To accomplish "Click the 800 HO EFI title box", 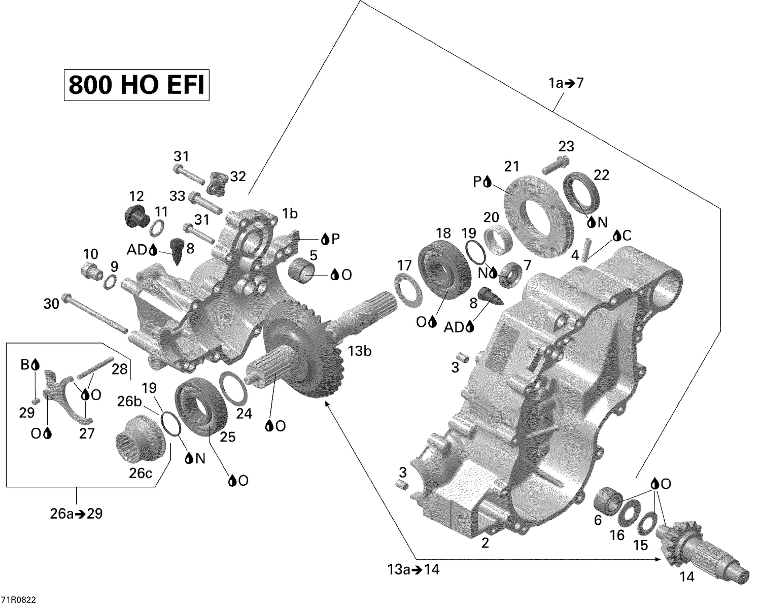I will click(x=136, y=85).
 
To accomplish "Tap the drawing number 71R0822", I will click(x=18, y=599).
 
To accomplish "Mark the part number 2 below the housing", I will click(x=485, y=543).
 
